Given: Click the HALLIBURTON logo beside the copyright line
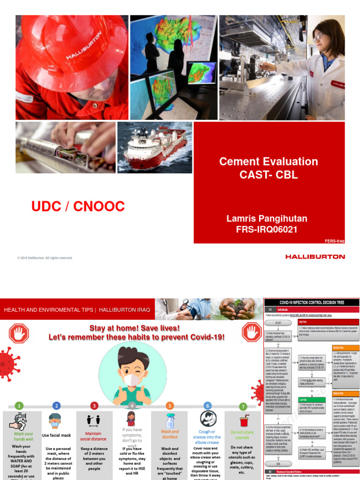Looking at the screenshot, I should [315, 257].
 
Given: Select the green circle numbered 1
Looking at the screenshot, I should [18, 406].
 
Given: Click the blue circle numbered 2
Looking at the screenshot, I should [57, 406].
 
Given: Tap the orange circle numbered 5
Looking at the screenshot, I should [170, 406].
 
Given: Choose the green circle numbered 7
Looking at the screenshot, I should [242, 406].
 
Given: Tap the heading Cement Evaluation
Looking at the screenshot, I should [269, 162].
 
